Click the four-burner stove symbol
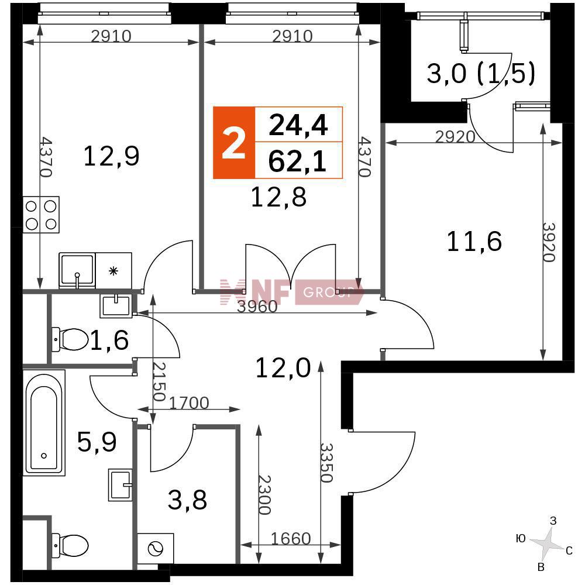click(41, 215)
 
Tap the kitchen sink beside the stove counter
click(77, 270)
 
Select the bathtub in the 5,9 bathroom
click(44, 423)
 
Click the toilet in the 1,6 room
click(70, 339)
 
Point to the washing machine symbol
click(156, 549)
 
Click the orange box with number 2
click(234, 143)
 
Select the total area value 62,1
click(297, 162)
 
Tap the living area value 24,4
click(298, 125)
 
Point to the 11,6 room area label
click(474, 241)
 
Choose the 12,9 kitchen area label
click(112, 156)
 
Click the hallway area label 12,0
click(283, 367)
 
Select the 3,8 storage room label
click(187, 500)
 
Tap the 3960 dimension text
click(257, 307)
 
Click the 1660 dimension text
click(291, 538)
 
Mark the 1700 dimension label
click(189, 403)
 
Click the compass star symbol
click(546, 544)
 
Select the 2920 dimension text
click(455, 137)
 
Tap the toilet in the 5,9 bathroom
click(70, 545)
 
